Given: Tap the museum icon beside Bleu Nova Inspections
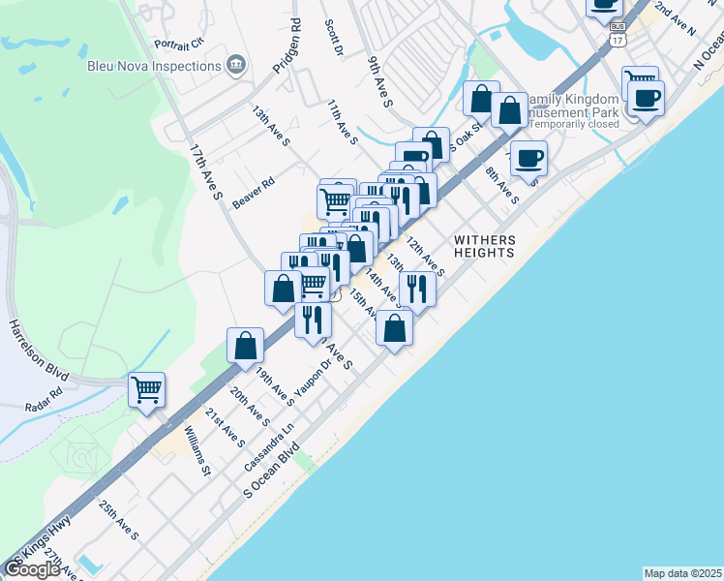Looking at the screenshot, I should point(234,66).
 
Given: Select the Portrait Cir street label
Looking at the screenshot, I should point(179,44).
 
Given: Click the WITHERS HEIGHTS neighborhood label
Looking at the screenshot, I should point(484,246).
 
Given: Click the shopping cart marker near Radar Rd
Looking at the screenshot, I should point(147,390).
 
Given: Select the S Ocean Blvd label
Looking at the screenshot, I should point(274,473).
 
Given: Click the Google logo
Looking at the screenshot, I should point(33,569).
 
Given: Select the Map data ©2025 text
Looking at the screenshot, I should point(682,573).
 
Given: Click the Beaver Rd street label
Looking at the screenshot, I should point(254,188).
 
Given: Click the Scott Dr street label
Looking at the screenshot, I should point(335,37).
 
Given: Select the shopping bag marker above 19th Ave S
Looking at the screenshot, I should point(246,345).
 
